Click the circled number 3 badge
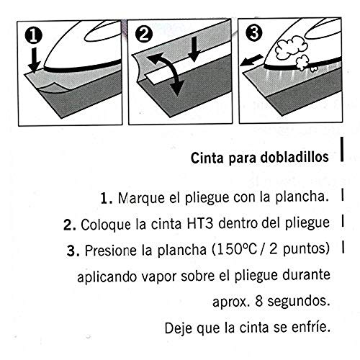click(253, 35)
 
